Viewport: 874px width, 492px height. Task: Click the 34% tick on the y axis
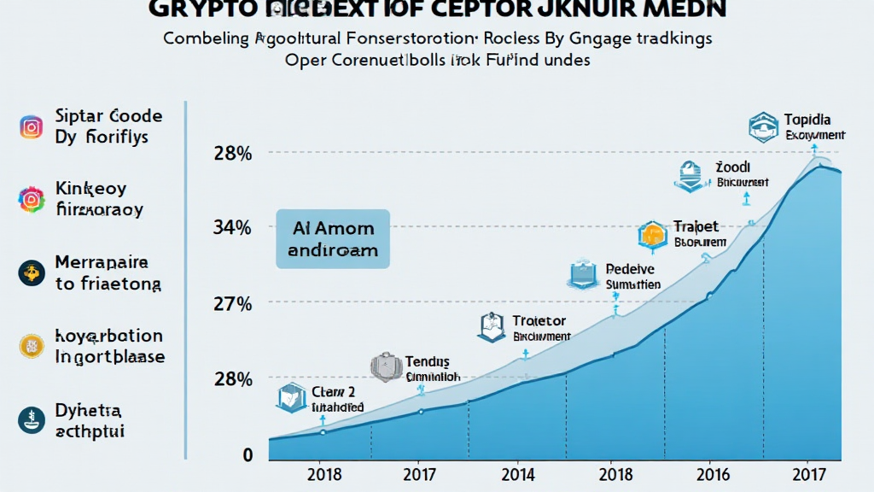(x=232, y=227)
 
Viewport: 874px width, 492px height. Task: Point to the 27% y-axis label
(x=232, y=303)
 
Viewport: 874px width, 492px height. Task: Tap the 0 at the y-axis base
(x=248, y=455)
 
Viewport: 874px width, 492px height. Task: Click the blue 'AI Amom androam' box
(x=333, y=240)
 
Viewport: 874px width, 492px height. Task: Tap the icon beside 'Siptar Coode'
(x=32, y=127)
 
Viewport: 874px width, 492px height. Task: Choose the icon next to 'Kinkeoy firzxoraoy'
(x=32, y=200)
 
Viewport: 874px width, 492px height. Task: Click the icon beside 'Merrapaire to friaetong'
(x=32, y=272)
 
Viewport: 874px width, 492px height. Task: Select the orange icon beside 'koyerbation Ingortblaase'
(x=32, y=346)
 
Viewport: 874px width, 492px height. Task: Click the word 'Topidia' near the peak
(x=807, y=120)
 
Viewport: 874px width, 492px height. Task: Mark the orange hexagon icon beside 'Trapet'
(x=652, y=234)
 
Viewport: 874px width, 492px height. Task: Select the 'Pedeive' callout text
(x=630, y=268)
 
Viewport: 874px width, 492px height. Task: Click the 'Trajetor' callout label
(x=539, y=321)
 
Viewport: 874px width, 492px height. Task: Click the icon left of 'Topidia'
(x=761, y=126)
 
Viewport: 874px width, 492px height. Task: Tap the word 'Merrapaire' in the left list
(x=102, y=262)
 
